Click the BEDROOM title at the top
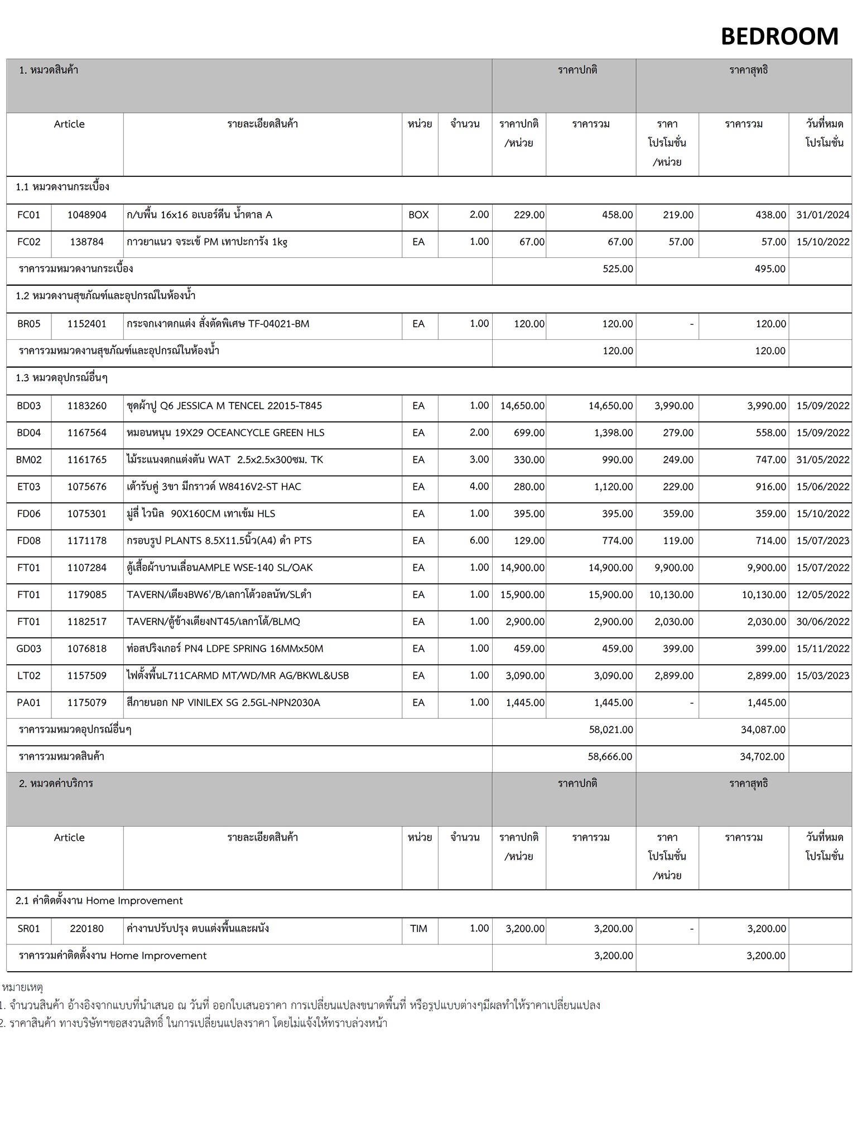pyautogui.click(x=779, y=37)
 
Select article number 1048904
pyautogui.click(x=86, y=215)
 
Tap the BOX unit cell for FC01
pyautogui.click(x=418, y=215)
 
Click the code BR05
pyautogui.click(x=28, y=324)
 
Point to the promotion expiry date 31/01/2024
pyautogui.click(x=822, y=215)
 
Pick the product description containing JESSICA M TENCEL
pyautogui.click(x=224, y=406)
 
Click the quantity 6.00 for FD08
pyautogui.click(x=479, y=540)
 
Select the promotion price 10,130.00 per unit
pyautogui.click(x=671, y=595)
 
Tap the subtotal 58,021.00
pyautogui.click(x=610, y=729)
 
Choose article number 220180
pyautogui.click(x=86, y=929)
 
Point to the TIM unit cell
pyautogui.click(x=418, y=929)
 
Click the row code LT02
pyautogui.click(x=28, y=676)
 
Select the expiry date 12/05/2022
pyautogui.click(x=822, y=595)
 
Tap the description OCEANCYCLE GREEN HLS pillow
pyautogui.click(x=225, y=433)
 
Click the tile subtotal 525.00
pyautogui.click(x=618, y=269)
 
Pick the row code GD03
pyautogui.click(x=28, y=649)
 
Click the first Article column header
pyautogui.click(x=69, y=124)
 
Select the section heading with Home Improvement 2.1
pyautogui.click(x=99, y=901)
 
